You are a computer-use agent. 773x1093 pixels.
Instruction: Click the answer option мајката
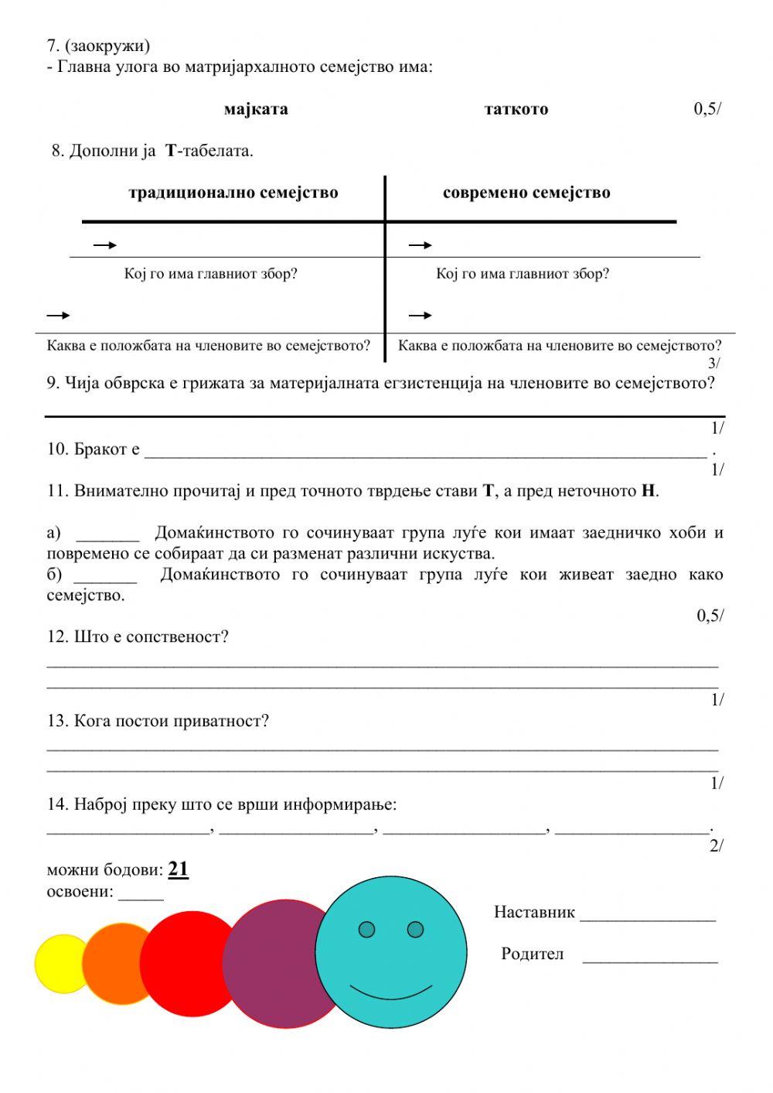coord(256,109)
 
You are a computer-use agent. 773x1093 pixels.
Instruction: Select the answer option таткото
coord(516,109)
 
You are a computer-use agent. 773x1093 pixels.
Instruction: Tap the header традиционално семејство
coord(233,193)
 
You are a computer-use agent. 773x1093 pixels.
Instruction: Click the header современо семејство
coord(526,193)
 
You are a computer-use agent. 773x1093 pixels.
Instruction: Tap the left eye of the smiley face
coord(367,929)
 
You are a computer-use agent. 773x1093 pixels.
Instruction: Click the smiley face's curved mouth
coord(390,992)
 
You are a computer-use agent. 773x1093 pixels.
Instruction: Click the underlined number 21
coord(178,869)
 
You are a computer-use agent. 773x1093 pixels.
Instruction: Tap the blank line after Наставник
coord(648,919)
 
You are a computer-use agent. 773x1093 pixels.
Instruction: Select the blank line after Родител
coord(650,961)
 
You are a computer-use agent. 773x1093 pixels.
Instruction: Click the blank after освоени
coord(141,898)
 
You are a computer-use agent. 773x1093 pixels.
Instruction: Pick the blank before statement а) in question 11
coord(107,539)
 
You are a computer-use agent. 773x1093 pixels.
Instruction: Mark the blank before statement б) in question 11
coord(105,581)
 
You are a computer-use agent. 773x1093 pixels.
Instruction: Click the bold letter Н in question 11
coord(648,491)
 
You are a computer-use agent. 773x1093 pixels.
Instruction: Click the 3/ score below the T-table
coord(714,363)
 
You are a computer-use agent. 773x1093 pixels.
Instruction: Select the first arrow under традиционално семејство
coord(104,245)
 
